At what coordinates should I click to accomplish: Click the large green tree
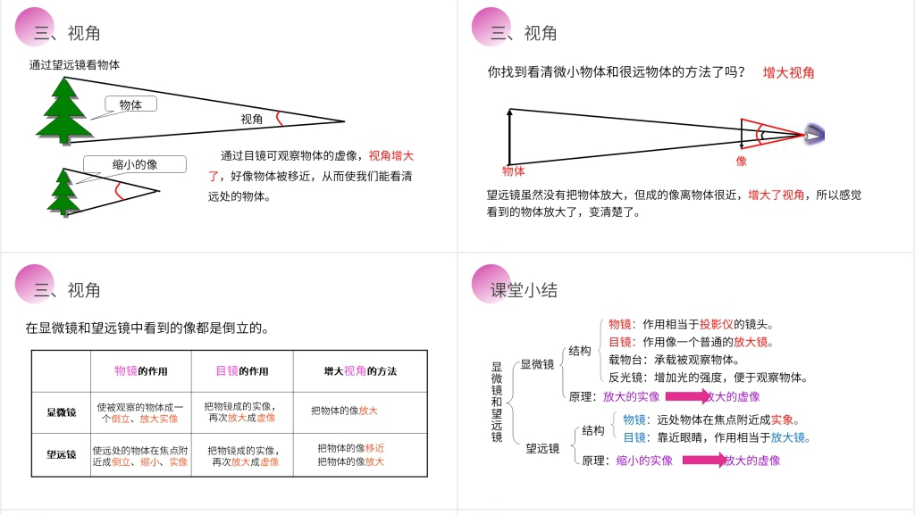(x=64, y=111)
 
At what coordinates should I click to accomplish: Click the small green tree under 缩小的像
(x=63, y=192)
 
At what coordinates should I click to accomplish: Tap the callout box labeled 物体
(x=130, y=104)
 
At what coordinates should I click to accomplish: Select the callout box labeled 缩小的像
(x=135, y=164)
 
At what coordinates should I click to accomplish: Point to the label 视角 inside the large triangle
(x=251, y=119)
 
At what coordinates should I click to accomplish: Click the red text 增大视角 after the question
(x=788, y=73)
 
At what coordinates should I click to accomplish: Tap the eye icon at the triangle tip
(x=814, y=135)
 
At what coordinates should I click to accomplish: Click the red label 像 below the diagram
(x=741, y=161)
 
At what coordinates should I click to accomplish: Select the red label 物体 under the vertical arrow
(x=514, y=171)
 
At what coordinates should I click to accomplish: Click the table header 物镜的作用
(x=140, y=371)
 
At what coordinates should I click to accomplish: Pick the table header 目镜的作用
(x=242, y=371)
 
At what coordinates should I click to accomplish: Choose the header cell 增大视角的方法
(x=360, y=371)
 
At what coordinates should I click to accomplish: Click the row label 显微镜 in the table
(x=62, y=412)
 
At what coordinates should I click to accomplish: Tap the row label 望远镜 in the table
(x=62, y=454)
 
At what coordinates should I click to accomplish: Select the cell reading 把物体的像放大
(x=350, y=461)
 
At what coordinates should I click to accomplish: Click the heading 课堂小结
(x=524, y=290)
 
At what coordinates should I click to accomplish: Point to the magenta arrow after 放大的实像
(x=688, y=396)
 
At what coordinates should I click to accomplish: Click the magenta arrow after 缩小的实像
(x=704, y=461)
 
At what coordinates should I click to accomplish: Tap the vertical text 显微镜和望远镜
(x=497, y=402)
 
